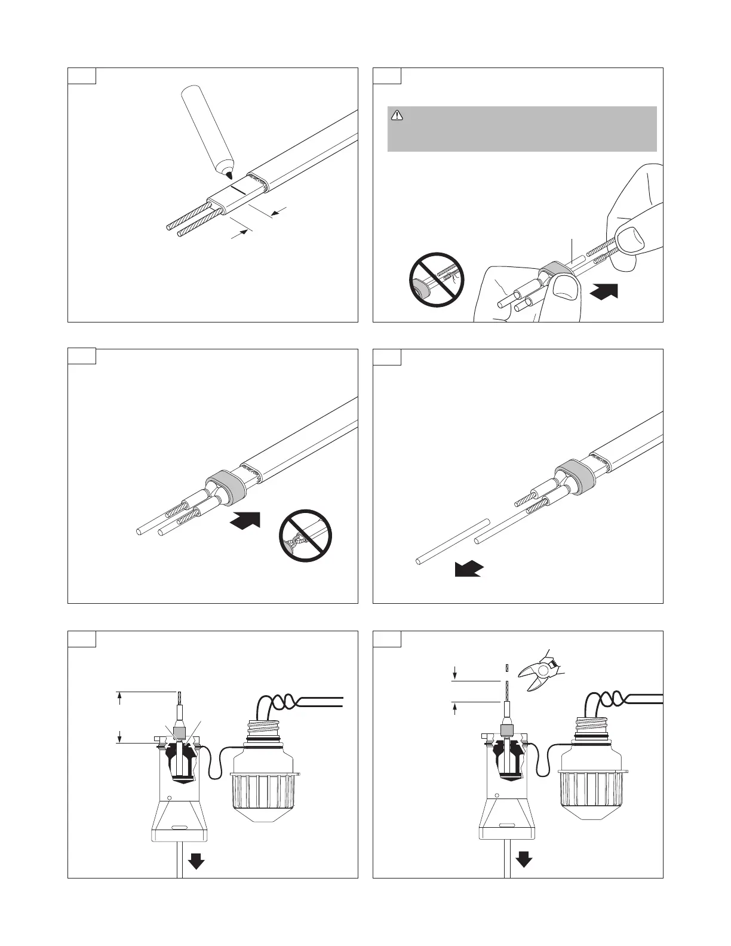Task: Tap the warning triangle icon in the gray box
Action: [x=397, y=115]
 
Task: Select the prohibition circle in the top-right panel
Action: [x=438, y=279]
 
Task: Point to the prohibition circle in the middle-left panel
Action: [x=305, y=536]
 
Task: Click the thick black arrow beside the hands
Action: [x=603, y=291]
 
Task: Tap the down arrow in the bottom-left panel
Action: [x=196, y=862]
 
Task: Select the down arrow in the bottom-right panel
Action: [x=524, y=859]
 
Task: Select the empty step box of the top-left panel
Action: [x=82, y=76]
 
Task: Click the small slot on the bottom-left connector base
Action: [x=180, y=828]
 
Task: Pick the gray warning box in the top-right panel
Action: [x=522, y=129]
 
